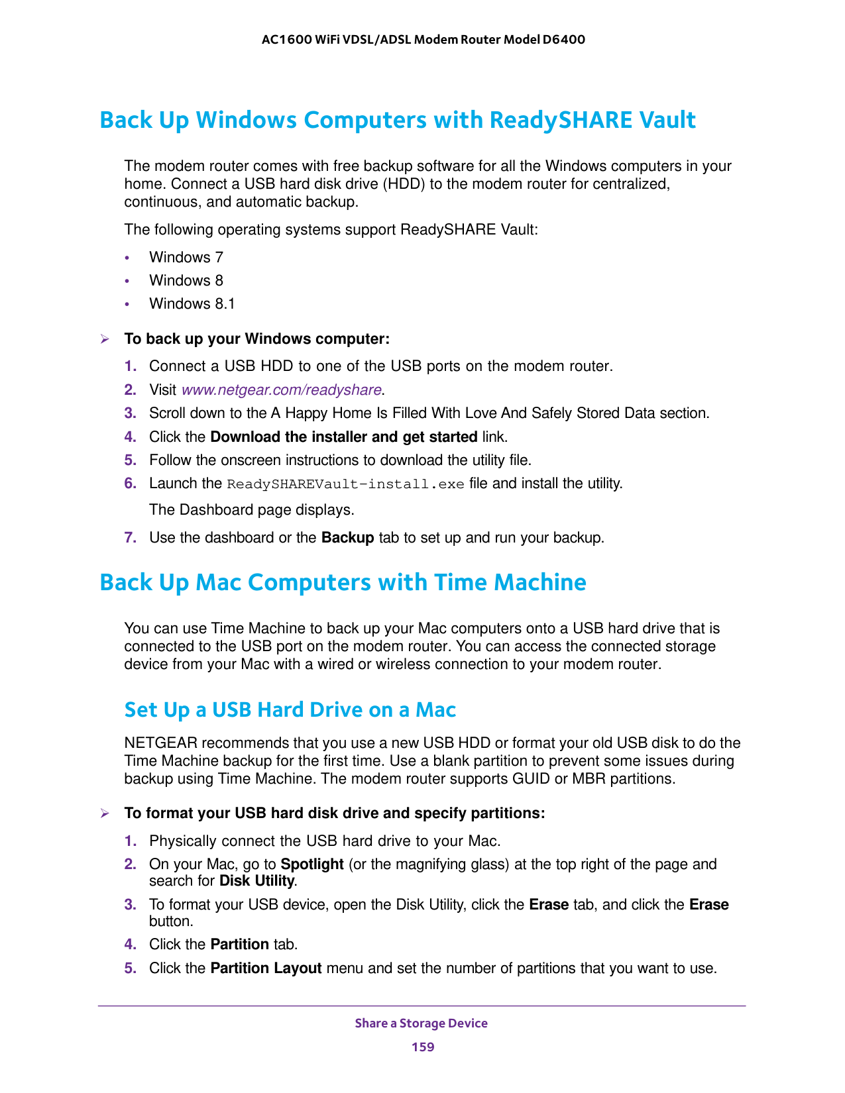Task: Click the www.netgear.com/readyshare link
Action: (x=281, y=390)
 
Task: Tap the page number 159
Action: (x=422, y=1047)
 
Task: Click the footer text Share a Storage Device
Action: (x=421, y=1023)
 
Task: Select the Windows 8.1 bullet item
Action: (x=192, y=304)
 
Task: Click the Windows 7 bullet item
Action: (x=186, y=257)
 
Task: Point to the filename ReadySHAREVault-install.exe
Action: (x=345, y=484)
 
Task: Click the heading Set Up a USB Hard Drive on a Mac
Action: (x=290, y=710)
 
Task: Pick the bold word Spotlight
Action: (x=311, y=864)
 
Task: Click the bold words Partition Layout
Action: (x=266, y=968)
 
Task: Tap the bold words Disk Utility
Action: (x=256, y=881)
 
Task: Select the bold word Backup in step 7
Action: (x=347, y=538)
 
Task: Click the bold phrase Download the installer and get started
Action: (x=343, y=437)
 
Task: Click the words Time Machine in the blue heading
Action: (x=510, y=583)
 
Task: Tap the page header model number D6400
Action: (x=563, y=40)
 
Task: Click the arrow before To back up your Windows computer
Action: (x=104, y=340)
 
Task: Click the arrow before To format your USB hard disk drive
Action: (x=104, y=813)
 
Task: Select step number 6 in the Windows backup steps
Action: (x=130, y=484)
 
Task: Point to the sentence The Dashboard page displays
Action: (x=251, y=510)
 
